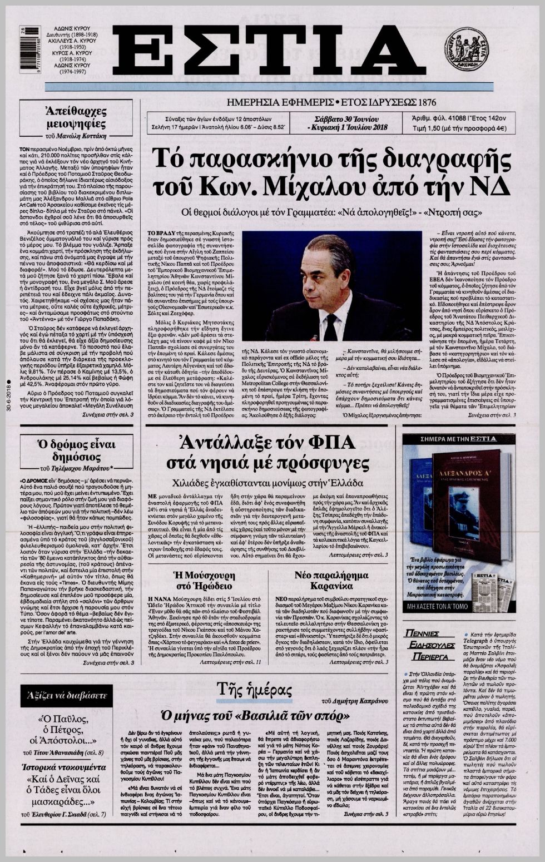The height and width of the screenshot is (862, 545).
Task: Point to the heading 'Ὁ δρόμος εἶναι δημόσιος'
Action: tap(76, 450)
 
